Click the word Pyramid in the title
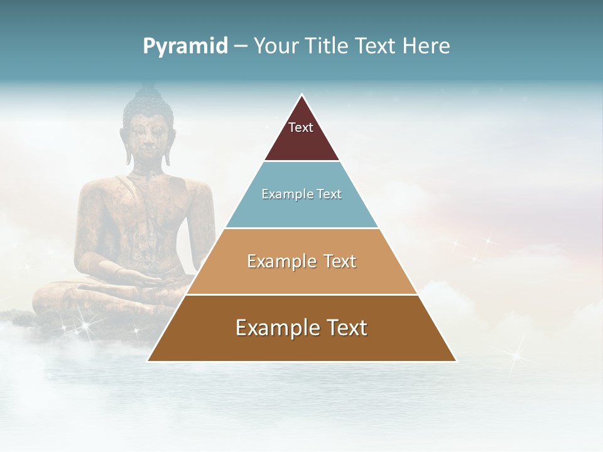tap(185, 46)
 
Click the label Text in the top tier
tap(301, 127)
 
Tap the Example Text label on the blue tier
tap(301, 194)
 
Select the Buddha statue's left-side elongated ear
tap(126, 148)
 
